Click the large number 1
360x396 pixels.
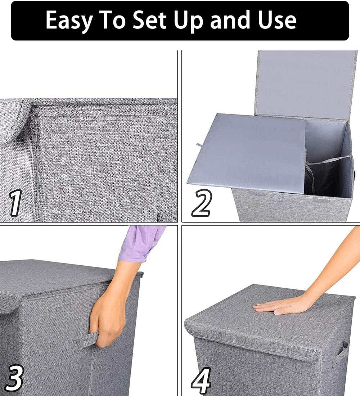click(15, 203)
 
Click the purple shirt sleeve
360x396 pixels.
click(141, 242)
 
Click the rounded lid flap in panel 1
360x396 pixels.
click(14, 121)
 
